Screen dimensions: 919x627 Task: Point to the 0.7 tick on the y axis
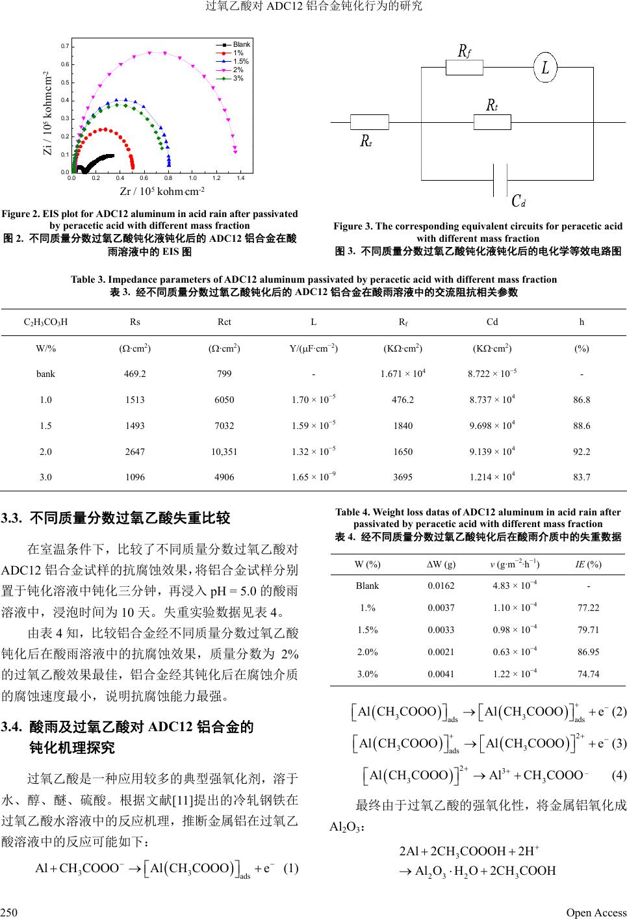click(64, 47)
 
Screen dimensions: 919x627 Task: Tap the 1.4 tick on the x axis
click(240, 177)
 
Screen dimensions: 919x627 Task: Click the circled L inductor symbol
click(545, 66)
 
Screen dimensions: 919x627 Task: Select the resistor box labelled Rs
click(369, 122)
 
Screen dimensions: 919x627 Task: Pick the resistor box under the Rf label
click(464, 67)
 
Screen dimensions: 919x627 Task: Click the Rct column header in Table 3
click(224, 322)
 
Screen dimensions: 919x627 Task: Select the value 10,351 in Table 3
click(224, 451)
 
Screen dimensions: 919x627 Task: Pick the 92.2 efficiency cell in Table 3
click(582, 451)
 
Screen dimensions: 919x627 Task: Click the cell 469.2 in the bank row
click(135, 374)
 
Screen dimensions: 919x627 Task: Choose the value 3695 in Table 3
click(403, 477)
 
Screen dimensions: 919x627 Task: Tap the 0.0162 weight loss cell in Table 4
click(441, 586)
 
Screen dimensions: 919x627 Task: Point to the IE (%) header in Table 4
click(589, 564)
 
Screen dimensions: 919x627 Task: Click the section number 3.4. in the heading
click(13, 727)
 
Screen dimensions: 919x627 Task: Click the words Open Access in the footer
click(596, 913)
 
